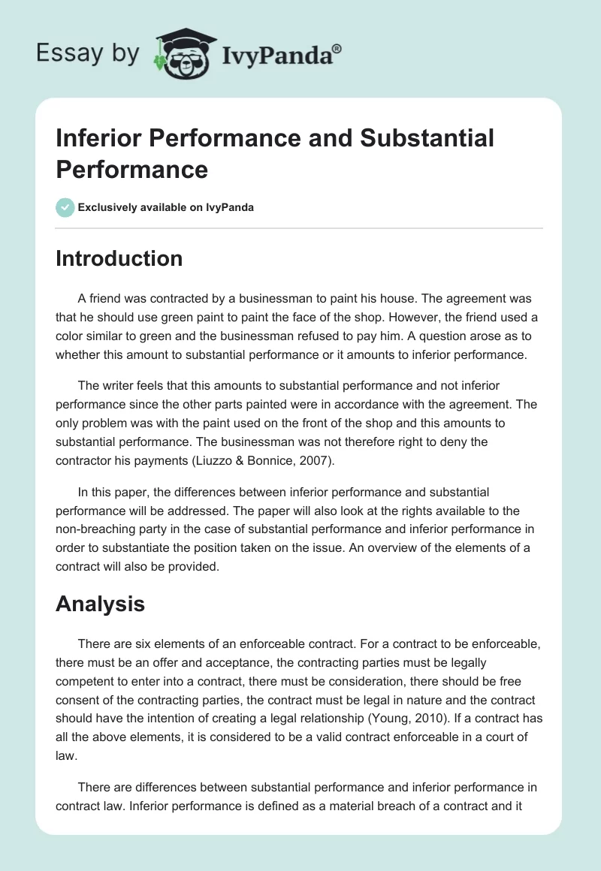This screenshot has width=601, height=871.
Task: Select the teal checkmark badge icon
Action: click(x=65, y=207)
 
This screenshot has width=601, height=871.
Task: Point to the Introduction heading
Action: click(x=119, y=258)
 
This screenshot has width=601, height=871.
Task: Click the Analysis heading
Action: click(x=100, y=603)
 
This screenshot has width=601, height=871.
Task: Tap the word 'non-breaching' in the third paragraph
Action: click(x=93, y=529)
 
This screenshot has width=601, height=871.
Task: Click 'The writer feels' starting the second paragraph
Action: click(x=116, y=386)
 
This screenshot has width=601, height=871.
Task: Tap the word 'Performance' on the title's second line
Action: click(x=131, y=169)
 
